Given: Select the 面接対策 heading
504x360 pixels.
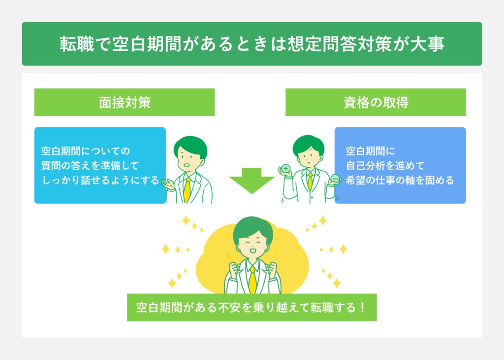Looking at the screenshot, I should (x=125, y=102).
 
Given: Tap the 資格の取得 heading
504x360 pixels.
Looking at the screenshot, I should (x=376, y=102).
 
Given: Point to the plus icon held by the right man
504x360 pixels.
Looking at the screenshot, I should (x=285, y=169).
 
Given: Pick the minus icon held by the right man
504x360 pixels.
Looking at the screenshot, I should (x=335, y=178).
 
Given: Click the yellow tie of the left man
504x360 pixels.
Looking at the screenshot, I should (x=187, y=189).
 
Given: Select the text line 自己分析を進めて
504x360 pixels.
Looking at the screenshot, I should (x=385, y=165).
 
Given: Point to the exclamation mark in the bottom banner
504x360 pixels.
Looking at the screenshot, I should (x=362, y=308).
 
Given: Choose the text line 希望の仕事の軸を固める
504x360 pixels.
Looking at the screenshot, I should (x=400, y=180).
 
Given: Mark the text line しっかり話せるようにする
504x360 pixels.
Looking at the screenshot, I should (x=100, y=180).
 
